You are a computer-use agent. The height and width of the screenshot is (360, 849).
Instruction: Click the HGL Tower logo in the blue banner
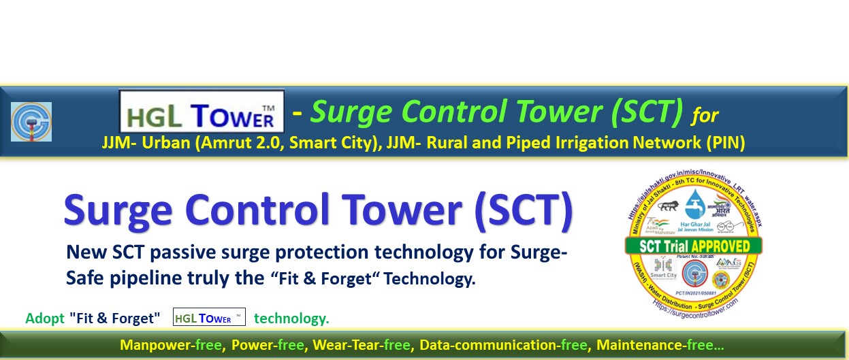pyautogui.click(x=202, y=112)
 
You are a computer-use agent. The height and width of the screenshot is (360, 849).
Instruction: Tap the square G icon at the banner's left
pyautogui.click(x=31, y=122)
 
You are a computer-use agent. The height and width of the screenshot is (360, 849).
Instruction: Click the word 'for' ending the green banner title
pyautogui.click(x=705, y=115)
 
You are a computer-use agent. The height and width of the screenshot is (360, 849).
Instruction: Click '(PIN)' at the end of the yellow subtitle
pyautogui.click(x=726, y=144)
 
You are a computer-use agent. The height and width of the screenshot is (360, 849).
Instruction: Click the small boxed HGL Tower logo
pyautogui.click(x=209, y=318)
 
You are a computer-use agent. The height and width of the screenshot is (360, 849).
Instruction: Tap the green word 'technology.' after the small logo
pyautogui.click(x=291, y=318)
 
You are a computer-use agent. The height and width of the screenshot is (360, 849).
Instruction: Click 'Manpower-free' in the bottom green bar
pyautogui.click(x=171, y=346)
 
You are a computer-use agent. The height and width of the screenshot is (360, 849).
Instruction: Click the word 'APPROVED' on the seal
pyautogui.click(x=722, y=246)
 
